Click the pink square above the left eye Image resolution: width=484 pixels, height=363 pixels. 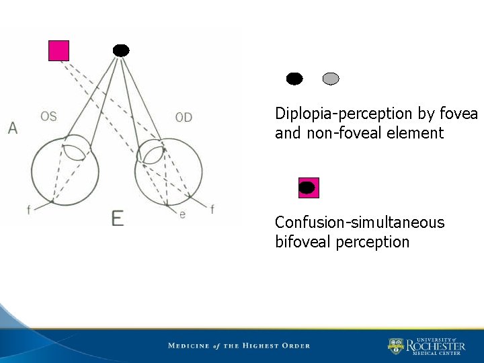[58, 50]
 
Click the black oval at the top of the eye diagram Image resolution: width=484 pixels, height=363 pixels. [121, 50]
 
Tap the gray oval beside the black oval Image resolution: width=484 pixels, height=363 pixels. [331, 79]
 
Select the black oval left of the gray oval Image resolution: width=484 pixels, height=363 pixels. [294, 79]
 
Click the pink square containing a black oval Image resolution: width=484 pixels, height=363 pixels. [309, 188]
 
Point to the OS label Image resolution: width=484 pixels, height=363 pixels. [48, 116]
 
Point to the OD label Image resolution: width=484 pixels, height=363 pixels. [184, 118]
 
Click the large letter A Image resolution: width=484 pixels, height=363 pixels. [13, 128]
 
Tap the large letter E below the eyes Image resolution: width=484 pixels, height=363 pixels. [118, 218]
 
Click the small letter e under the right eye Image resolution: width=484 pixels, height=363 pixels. [182, 214]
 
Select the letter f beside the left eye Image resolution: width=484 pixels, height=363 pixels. [28, 210]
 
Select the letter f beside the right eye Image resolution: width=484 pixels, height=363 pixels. [212, 210]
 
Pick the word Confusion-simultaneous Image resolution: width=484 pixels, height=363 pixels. [360, 223]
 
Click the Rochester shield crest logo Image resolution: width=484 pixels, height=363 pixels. [396, 346]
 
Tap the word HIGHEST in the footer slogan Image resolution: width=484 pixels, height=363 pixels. [265, 346]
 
